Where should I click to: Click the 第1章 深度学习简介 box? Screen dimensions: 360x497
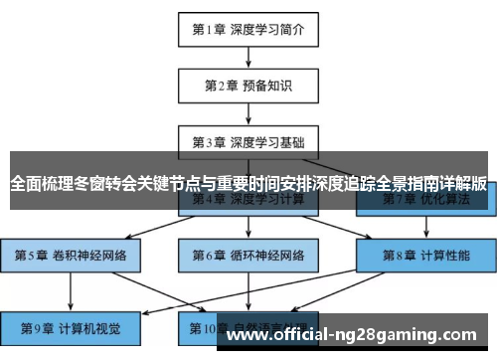[x=248, y=29]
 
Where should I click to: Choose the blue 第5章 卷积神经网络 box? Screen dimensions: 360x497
[x=71, y=255]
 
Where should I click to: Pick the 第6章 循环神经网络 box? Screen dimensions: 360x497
[x=248, y=255]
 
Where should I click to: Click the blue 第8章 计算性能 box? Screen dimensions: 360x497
[x=425, y=255]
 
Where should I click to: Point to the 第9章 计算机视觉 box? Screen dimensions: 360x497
[x=71, y=326]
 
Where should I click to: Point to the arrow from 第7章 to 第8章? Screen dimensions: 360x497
[x=425, y=227]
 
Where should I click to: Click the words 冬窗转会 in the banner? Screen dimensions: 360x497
[x=111, y=184]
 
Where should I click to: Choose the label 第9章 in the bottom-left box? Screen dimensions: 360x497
[x=37, y=326]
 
